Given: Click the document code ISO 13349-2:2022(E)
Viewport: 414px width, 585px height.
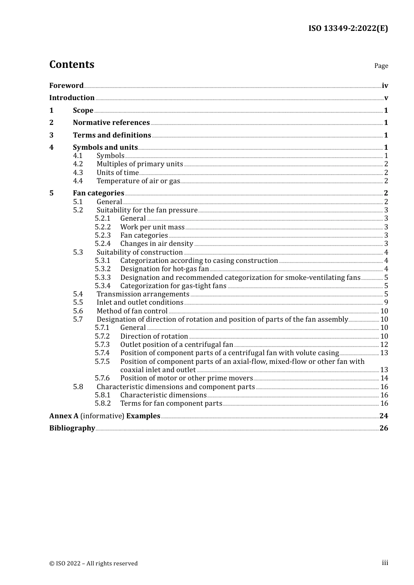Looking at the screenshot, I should tap(348, 28).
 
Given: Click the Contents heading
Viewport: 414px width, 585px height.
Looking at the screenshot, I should tap(71, 64).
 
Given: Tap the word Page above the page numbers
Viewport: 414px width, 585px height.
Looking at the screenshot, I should tap(381, 66).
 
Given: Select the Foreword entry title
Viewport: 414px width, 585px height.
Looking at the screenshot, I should tap(66, 86).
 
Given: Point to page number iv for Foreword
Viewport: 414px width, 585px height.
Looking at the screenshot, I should tap(385, 86).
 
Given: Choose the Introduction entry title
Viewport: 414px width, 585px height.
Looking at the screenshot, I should tap(72, 98).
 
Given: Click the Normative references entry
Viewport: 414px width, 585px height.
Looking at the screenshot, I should tap(111, 123).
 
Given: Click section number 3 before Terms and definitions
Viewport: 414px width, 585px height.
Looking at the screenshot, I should tap(51, 135).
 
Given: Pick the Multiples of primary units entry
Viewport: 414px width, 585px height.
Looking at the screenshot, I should tap(139, 164).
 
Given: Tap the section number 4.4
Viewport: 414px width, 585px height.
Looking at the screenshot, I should tap(78, 181).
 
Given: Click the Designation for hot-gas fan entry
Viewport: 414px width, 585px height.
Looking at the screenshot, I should tap(164, 269).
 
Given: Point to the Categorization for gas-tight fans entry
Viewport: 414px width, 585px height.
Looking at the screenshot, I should tap(173, 286).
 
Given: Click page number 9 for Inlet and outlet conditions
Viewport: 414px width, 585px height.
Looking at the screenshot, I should tap(386, 303).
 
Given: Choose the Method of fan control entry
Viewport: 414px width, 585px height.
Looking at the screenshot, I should tap(132, 311).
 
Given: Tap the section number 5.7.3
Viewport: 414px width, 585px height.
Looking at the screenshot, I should tap(102, 345).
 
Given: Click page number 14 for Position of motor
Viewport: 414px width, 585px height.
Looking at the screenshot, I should tap(384, 378).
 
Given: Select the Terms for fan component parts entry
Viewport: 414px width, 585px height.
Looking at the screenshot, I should tap(171, 403).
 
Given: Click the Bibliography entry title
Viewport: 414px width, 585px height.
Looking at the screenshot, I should tap(72, 428).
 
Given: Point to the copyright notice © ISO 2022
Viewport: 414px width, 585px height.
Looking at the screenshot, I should tap(93, 563).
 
